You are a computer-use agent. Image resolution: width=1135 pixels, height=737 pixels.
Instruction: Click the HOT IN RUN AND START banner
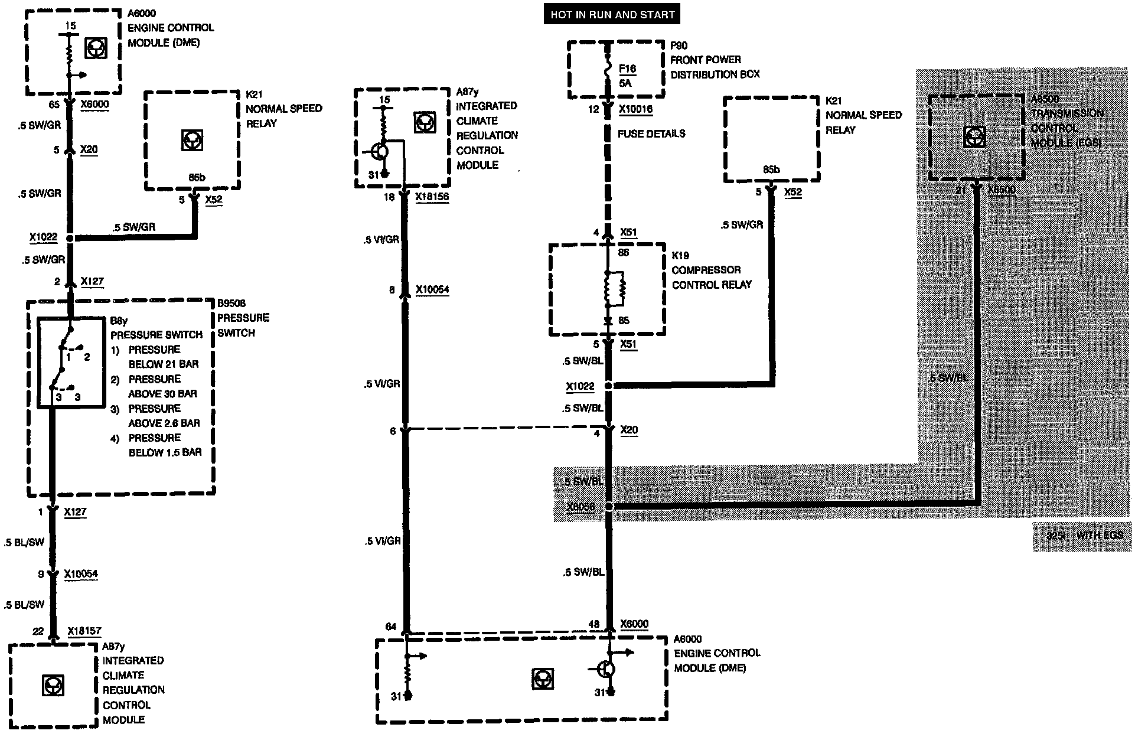(612, 15)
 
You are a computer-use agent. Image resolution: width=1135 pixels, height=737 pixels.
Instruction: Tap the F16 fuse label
(627, 69)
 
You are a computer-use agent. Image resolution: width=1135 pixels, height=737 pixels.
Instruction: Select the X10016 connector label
(635, 109)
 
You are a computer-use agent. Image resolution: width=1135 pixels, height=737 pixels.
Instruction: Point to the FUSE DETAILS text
(651, 134)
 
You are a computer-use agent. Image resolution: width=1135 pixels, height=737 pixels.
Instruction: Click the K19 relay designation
(680, 256)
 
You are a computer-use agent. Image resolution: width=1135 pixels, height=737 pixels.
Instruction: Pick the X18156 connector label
(432, 197)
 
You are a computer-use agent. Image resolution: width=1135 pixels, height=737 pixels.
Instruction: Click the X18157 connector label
(84, 631)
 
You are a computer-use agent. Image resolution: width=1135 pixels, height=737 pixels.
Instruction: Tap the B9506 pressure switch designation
(231, 304)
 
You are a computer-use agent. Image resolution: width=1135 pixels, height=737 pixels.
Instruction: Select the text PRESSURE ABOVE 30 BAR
(155, 386)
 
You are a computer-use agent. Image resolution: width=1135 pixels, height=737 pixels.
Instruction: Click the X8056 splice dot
(610, 507)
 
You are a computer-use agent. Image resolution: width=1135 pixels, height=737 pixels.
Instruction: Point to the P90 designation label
(679, 45)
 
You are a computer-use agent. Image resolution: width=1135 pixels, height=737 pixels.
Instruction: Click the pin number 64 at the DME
(390, 627)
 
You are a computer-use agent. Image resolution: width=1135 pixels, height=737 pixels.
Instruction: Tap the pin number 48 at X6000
(593, 624)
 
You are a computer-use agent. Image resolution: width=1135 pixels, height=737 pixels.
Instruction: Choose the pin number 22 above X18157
(38, 631)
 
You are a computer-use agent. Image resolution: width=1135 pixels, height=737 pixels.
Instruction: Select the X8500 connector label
(1001, 190)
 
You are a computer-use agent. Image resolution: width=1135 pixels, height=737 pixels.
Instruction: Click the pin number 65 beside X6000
(54, 105)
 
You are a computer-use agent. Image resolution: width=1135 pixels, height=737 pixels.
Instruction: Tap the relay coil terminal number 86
(624, 252)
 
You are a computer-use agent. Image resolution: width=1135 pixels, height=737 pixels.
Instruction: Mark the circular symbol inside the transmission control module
(973, 137)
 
